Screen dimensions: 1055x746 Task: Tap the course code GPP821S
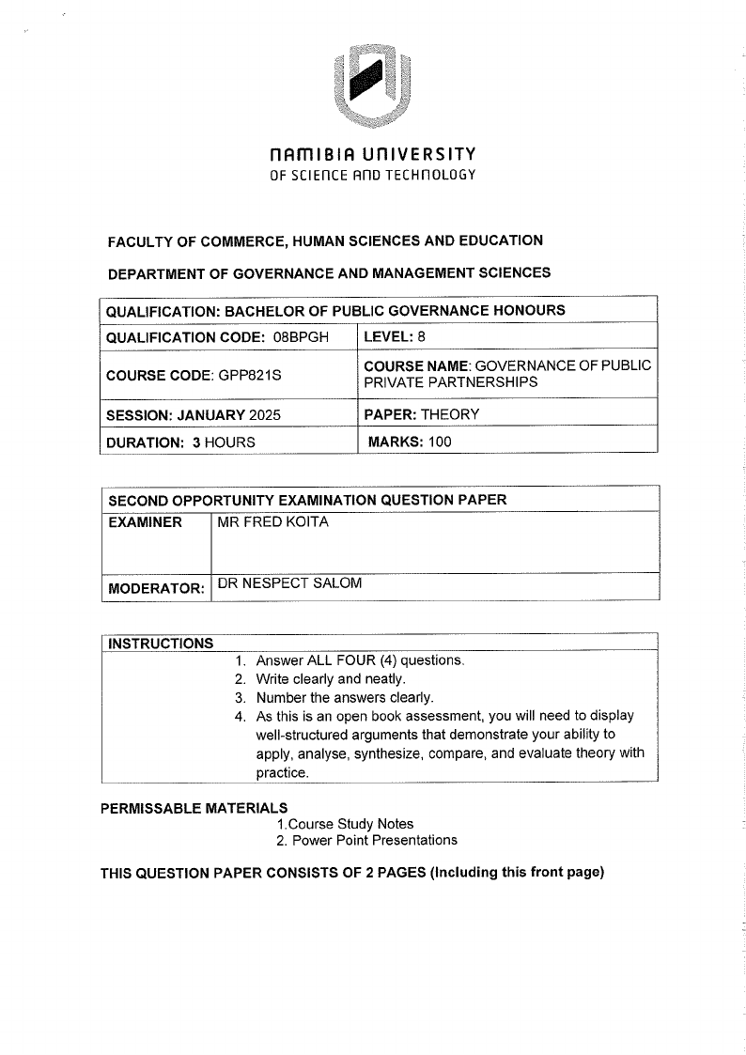pyautogui.click(x=250, y=375)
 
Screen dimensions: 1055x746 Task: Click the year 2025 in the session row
pyautogui.click(x=264, y=414)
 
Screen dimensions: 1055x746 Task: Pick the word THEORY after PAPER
pyautogui.click(x=450, y=414)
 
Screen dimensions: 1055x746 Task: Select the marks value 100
pyautogui.click(x=440, y=442)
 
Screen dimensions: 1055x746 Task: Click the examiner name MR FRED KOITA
pyautogui.click(x=273, y=522)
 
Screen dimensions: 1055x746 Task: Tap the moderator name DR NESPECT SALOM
pyautogui.click(x=289, y=583)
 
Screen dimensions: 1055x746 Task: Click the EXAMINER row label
pyautogui.click(x=146, y=522)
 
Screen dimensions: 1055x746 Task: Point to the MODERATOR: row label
pyautogui.click(x=156, y=589)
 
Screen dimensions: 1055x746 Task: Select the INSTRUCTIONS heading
pyautogui.click(x=161, y=644)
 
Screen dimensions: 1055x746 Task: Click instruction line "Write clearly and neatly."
pyautogui.click(x=331, y=678)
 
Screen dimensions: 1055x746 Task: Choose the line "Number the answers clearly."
pyautogui.click(x=345, y=697)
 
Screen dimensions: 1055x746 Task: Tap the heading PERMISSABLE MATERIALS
pyautogui.click(x=194, y=808)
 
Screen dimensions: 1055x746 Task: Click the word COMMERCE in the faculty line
pyautogui.click(x=221, y=240)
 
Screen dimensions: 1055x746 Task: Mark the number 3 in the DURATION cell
pyautogui.click(x=196, y=442)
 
